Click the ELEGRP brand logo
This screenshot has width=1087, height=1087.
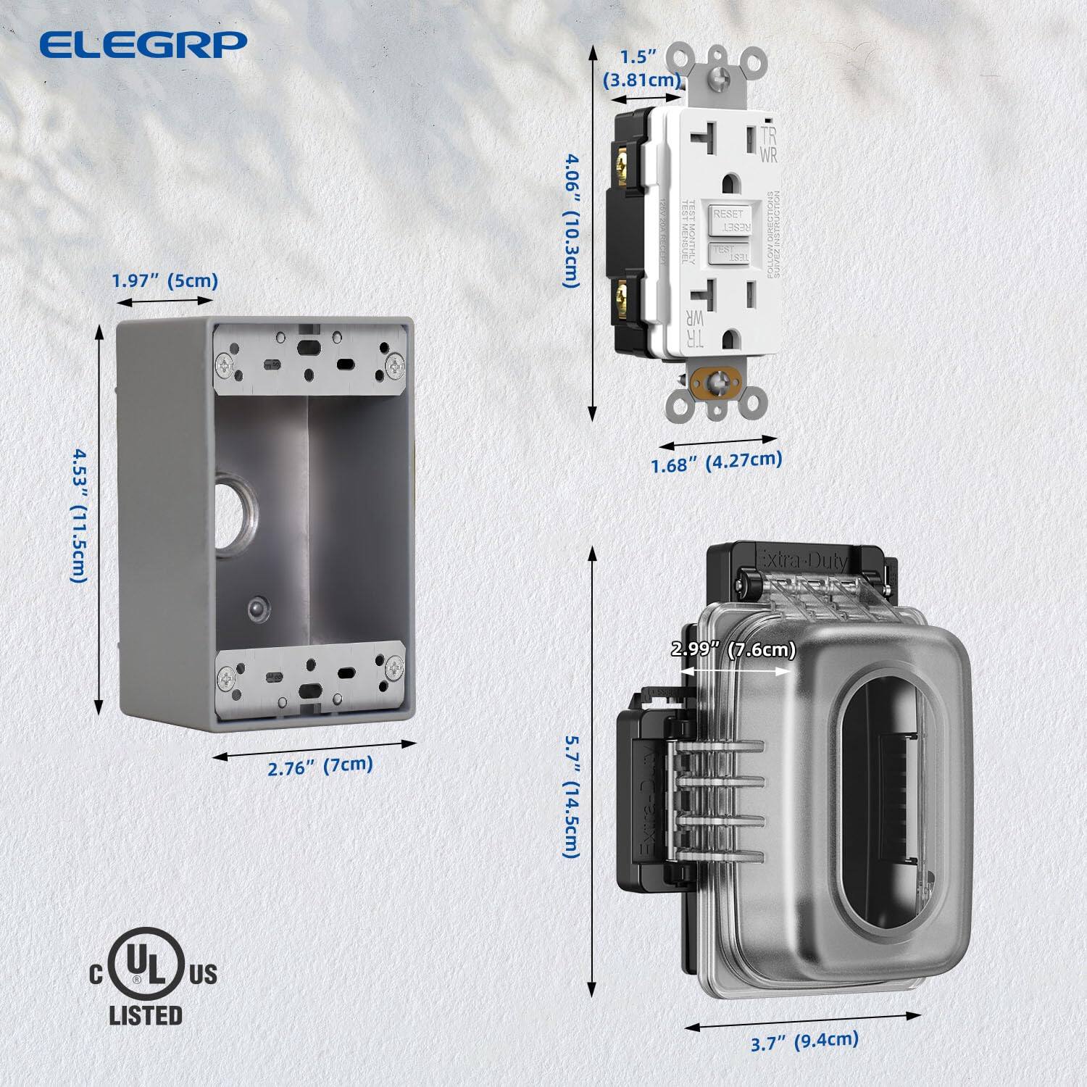tap(143, 44)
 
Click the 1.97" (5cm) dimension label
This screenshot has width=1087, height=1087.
tap(164, 280)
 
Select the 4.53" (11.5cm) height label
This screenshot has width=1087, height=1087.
tap(79, 515)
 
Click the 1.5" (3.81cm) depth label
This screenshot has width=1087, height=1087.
tap(641, 68)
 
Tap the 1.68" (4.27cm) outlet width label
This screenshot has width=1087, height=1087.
tap(716, 461)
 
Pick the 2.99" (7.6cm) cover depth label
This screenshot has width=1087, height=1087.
tap(733, 649)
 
